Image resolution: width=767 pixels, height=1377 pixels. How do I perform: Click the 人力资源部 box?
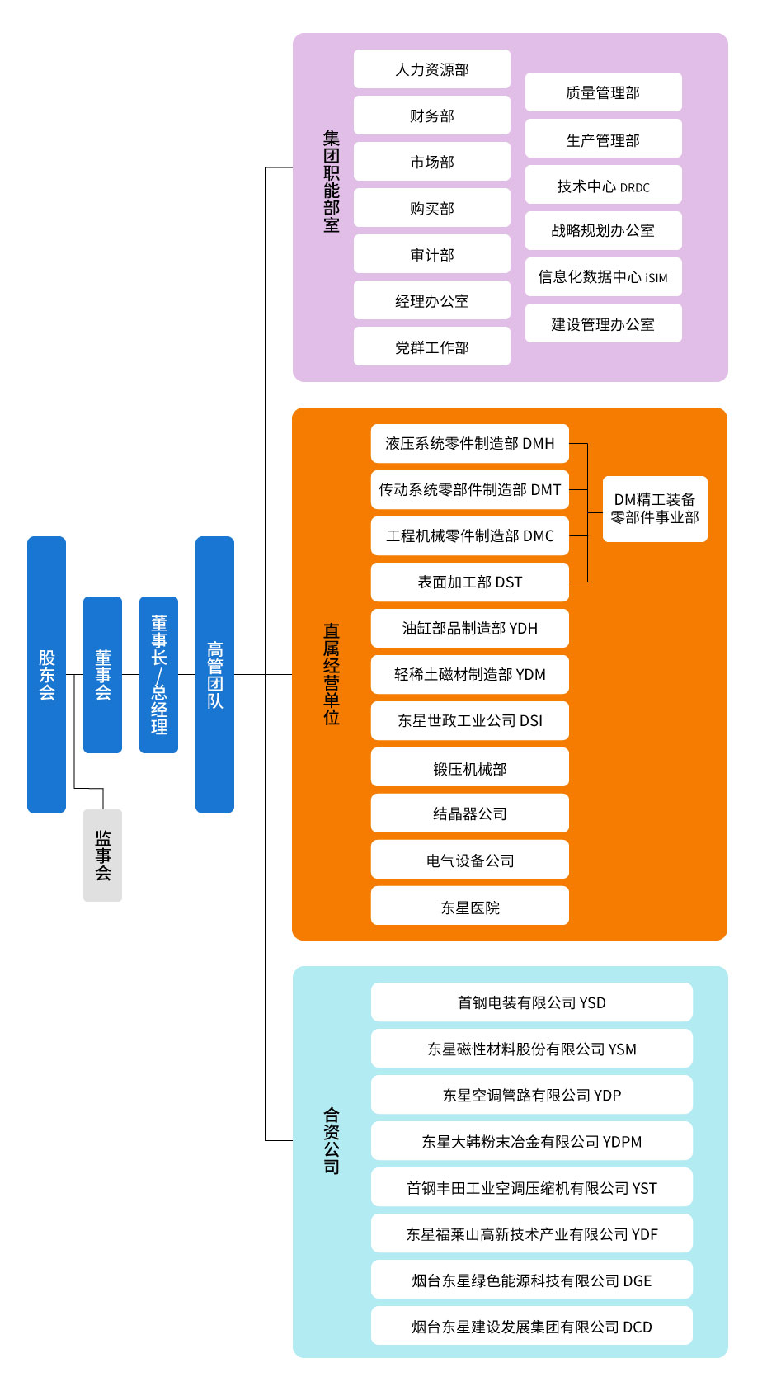click(x=431, y=69)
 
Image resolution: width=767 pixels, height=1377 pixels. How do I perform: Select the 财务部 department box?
click(x=431, y=116)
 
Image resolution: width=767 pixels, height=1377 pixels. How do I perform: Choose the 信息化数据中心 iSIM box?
click(x=603, y=277)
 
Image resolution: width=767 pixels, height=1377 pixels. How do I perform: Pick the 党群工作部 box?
click(x=431, y=347)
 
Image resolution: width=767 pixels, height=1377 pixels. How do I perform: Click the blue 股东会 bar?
click(x=46, y=674)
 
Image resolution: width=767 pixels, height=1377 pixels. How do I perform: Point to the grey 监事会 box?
click(x=102, y=856)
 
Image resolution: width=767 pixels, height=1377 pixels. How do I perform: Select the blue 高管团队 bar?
click(x=214, y=674)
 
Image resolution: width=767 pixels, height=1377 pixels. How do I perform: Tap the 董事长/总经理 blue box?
click(x=158, y=674)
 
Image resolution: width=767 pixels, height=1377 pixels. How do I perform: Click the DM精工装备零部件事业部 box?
click(x=655, y=509)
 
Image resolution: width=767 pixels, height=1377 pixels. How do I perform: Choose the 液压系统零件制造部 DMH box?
click(x=469, y=444)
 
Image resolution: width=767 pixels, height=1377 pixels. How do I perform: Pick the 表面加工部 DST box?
click(x=469, y=582)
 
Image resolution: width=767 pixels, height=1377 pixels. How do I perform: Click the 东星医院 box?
click(x=469, y=906)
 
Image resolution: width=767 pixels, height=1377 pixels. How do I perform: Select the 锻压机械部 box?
click(x=469, y=767)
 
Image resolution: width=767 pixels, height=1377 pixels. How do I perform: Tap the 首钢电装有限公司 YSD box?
click(x=531, y=1002)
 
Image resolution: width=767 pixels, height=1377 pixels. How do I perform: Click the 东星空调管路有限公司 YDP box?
click(x=531, y=1095)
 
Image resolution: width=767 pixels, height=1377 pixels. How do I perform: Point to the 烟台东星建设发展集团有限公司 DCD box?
click(x=531, y=1326)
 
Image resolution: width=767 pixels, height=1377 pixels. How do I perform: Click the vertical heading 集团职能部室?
click(x=332, y=182)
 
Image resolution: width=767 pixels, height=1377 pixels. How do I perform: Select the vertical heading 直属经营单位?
click(x=332, y=674)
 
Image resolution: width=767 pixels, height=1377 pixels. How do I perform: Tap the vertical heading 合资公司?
click(x=332, y=1140)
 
